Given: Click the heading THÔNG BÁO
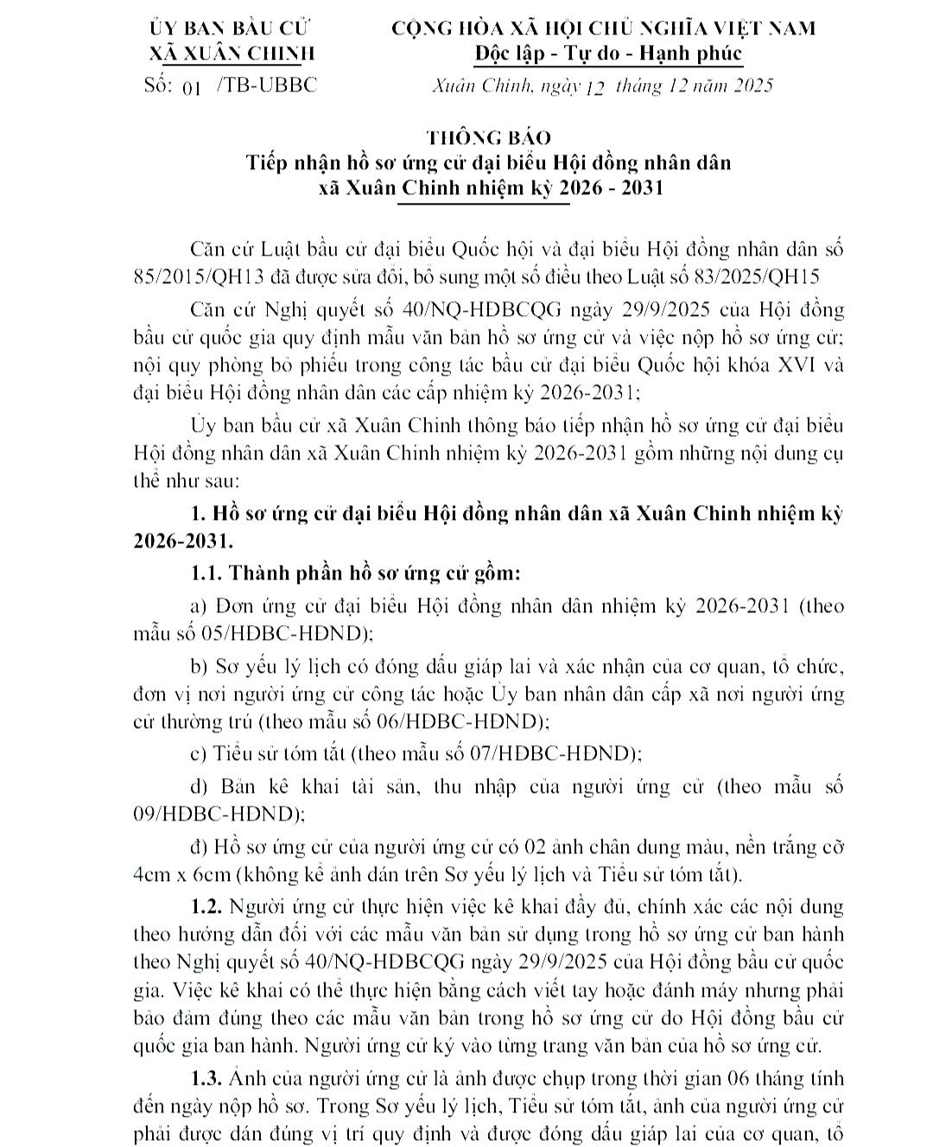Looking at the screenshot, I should point(488,138).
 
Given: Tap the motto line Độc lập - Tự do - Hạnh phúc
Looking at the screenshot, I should point(608,54).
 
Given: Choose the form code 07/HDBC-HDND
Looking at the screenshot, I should point(549,753).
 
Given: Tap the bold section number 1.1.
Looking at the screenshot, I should point(207,573).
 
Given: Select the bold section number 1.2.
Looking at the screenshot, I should point(207,907).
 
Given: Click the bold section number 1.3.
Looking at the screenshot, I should point(207,1078).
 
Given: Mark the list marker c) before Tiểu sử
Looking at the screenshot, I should point(199,753).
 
